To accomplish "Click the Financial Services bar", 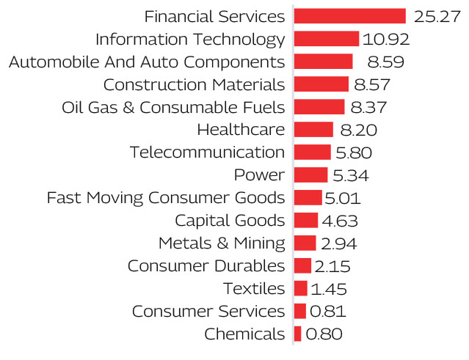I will pyautogui.click(x=349, y=16).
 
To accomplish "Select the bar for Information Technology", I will pyautogui.click(x=326, y=39).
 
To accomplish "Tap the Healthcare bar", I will pyautogui.click(x=313, y=130).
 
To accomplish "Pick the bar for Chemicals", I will pyautogui.click(x=297, y=334).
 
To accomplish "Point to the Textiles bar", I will pyautogui.click(x=300, y=289).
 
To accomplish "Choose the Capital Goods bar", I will pyautogui.click(x=305, y=221).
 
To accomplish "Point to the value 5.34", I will pyautogui.click(x=350, y=175).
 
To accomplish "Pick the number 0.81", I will pyautogui.click(x=327, y=312).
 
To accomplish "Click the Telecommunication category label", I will pyautogui.click(x=207, y=153).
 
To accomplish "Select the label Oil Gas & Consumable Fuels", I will pyautogui.click(x=173, y=107).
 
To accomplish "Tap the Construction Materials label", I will pyautogui.click(x=194, y=84).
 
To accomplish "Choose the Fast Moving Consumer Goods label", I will pyautogui.click(x=165, y=198).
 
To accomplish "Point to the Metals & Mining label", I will pyautogui.click(x=221, y=243).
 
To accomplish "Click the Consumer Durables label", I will pyautogui.click(x=206, y=266).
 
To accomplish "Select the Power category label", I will pyautogui.click(x=258, y=175).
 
